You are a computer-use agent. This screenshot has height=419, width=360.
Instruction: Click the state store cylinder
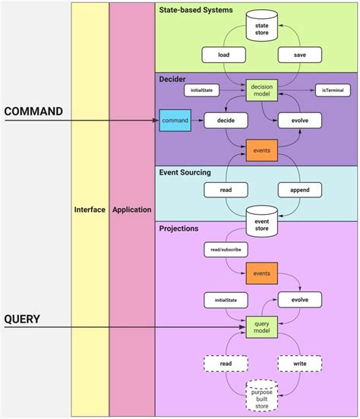[x=262, y=29]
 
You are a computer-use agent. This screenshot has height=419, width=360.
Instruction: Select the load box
[x=223, y=55]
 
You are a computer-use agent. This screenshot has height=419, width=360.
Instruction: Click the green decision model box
[x=261, y=90]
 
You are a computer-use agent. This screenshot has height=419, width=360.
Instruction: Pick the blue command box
[x=175, y=120]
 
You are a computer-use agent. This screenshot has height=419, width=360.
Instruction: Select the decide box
[x=223, y=120]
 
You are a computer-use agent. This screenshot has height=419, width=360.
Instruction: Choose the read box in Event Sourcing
[x=223, y=190]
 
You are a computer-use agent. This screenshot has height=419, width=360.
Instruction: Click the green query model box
[x=261, y=328]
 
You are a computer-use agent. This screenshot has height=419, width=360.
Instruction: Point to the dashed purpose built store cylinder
[x=261, y=395]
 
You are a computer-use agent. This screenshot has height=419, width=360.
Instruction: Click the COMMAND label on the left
[x=33, y=112]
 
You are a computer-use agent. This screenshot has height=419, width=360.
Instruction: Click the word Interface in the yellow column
[x=90, y=209]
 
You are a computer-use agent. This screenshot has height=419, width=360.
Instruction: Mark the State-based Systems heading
[x=196, y=11]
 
